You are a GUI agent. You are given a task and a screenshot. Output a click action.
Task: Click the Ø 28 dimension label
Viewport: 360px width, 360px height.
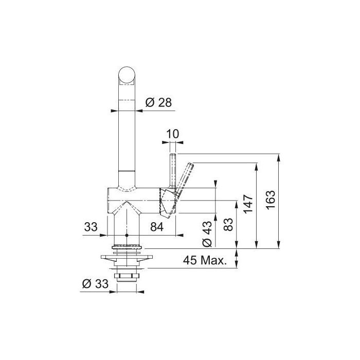[158, 102]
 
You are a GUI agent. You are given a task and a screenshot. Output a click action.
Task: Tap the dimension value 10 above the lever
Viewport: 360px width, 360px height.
[172, 134]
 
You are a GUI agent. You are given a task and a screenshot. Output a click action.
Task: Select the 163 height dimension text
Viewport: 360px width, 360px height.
[271, 200]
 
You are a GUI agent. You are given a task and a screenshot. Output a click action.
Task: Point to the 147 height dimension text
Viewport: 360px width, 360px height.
[248, 204]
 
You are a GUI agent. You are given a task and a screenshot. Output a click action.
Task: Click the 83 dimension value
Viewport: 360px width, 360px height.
[228, 224]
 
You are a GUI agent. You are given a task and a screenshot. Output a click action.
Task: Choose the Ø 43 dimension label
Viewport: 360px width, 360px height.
[207, 233]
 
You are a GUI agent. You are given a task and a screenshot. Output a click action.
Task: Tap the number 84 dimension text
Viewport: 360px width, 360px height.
[157, 227]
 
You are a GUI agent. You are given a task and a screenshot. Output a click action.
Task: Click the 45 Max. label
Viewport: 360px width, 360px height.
[205, 260]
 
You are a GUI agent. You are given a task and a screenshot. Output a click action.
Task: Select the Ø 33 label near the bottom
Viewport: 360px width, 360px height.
[95, 284]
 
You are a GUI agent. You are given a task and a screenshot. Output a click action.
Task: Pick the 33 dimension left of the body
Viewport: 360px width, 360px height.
[91, 227]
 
